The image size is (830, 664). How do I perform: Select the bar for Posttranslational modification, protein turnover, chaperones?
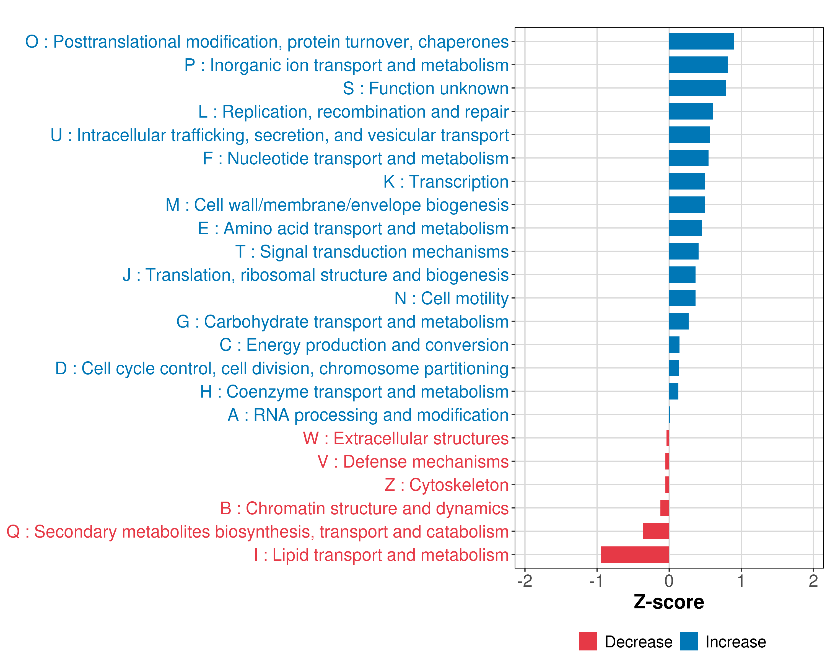(x=701, y=41)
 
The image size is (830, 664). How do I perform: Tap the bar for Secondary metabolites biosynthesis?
(x=656, y=531)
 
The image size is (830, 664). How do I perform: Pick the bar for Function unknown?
(x=697, y=88)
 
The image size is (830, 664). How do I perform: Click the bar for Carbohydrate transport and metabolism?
(x=679, y=321)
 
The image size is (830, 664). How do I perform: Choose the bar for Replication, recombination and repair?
(x=691, y=111)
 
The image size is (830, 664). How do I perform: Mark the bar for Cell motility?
(x=682, y=298)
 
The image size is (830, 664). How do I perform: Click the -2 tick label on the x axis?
(x=525, y=581)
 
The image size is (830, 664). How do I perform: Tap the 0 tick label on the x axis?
(x=669, y=581)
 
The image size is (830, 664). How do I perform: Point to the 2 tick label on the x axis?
(x=813, y=581)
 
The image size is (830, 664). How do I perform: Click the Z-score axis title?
(x=669, y=602)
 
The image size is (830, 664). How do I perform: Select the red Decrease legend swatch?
(x=588, y=641)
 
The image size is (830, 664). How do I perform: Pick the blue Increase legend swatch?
(x=689, y=641)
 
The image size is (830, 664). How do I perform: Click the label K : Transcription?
(x=446, y=182)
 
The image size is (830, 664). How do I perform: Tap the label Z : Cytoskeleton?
(x=447, y=485)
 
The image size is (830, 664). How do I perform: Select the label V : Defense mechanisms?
(x=413, y=461)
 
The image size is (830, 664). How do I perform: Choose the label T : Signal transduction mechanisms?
(x=372, y=252)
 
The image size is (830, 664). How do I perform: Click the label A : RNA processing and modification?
(x=368, y=415)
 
